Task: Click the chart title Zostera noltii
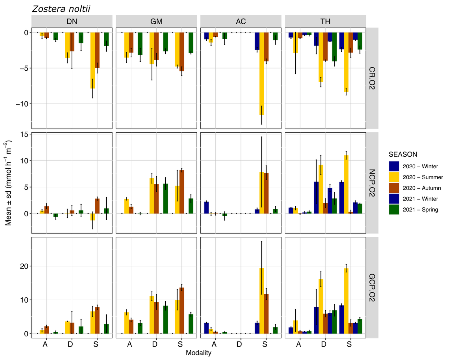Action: [x=61, y=9]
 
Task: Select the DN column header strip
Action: [x=72, y=21]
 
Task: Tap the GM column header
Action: [x=156, y=21]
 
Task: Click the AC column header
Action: [x=241, y=21]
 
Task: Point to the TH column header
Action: [x=325, y=21]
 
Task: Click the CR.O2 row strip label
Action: [x=372, y=78]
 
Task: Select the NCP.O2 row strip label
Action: [x=372, y=183]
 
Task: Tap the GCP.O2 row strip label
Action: [x=372, y=288]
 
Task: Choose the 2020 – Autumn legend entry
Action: [x=422, y=188]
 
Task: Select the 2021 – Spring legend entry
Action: [x=420, y=209]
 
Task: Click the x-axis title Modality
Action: [x=199, y=353]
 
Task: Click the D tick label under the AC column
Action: [x=239, y=344]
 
